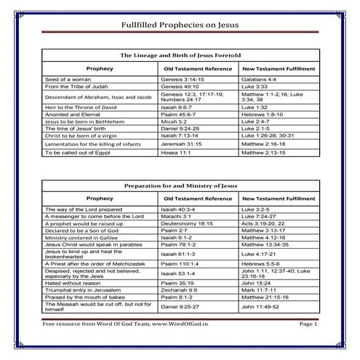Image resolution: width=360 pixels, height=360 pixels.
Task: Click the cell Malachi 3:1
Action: coord(176,216)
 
